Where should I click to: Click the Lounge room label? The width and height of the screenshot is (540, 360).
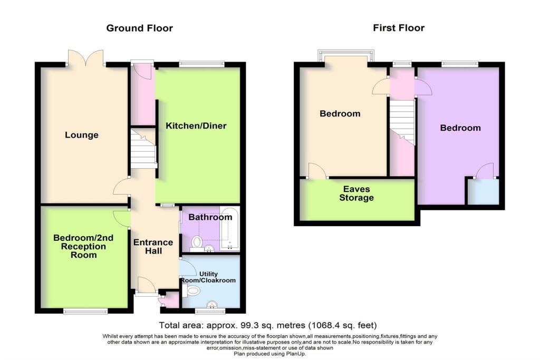(x=82, y=135)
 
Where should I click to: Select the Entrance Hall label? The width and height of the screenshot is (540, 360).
(x=153, y=247)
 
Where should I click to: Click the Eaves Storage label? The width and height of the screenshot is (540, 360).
(x=357, y=193)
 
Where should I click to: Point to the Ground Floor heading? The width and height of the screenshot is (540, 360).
(x=139, y=28)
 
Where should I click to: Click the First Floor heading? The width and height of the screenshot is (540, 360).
(x=399, y=28)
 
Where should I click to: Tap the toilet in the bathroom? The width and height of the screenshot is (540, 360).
(x=197, y=242)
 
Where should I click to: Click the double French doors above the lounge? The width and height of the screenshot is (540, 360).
(x=85, y=57)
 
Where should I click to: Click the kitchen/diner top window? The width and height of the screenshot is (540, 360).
(x=201, y=64)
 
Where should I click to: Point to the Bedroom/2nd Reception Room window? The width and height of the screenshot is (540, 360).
(x=85, y=312)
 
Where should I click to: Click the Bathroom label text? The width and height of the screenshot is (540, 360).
(x=210, y=217)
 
